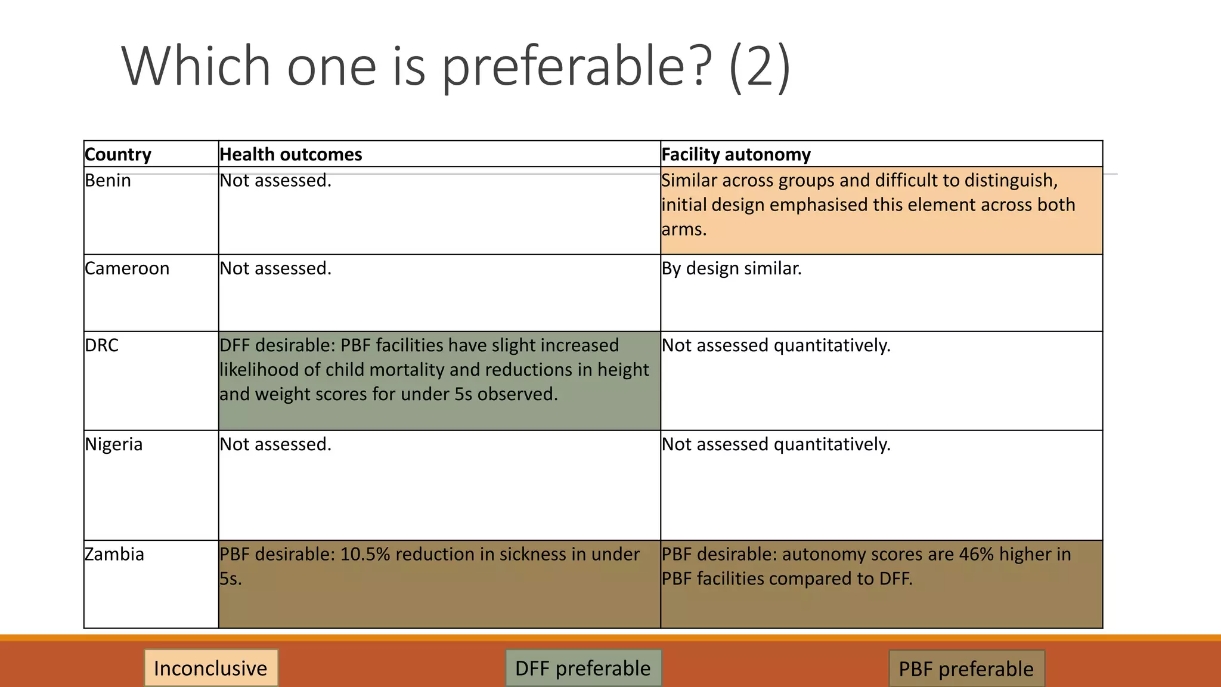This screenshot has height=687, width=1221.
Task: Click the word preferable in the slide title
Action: pyautogui.click(x=576, y=67)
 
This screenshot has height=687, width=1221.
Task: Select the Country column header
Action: pyautogui.click(x=118, y=154)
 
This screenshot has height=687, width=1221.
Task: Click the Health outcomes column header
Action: pyautogui.click(x=291, y=154)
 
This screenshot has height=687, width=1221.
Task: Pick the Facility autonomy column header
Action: pyautogui.click(x=736, y=154)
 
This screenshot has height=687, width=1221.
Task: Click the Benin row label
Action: pyautogui.click(x=108, y=180)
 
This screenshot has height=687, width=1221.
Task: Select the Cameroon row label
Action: pyautogui.click(x=127, y=268)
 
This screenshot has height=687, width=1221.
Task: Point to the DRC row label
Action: pyautogui.click(x=102, y=345)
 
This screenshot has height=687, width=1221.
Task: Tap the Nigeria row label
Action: pyautogui.click(x=114, y=444)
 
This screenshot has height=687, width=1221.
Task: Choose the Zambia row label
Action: pyautogui.click(x=114, y=554)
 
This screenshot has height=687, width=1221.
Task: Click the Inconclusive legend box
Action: pyautogui.click(x=210, y=668)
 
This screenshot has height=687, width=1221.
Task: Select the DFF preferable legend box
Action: pyautogui.click(x=583, y=668)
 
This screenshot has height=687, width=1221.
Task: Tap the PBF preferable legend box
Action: pyautogui.click(x=966, y=669)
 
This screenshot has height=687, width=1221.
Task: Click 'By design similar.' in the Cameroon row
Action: pyautogui.click(x=732, y=268)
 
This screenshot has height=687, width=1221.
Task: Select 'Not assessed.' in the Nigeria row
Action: pyautogui.click(x=275, y=444)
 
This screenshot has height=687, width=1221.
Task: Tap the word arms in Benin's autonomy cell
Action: pyautogui.click(x=683, y=230)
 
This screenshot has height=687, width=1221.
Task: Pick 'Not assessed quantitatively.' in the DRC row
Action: pyautogui.click(x=776, y=345)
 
